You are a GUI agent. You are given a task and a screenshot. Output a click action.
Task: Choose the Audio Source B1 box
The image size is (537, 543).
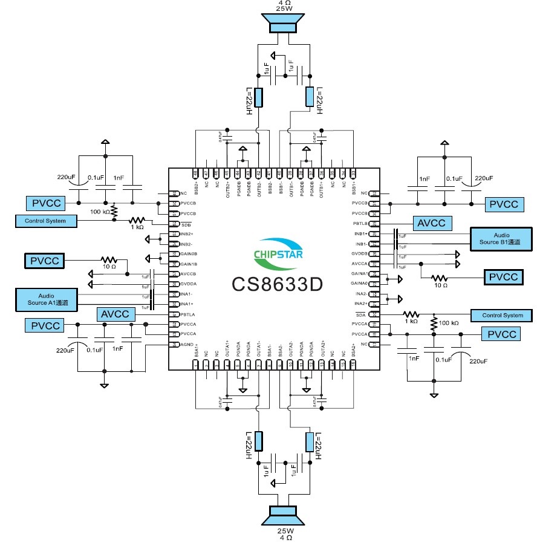tap(501, 238)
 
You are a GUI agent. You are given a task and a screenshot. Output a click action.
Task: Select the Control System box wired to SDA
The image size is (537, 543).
tap(502, 315)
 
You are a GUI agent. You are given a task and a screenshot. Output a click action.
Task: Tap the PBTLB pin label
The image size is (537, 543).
tap(361, 224)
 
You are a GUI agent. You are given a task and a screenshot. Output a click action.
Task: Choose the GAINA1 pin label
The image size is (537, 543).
tap(360, 274)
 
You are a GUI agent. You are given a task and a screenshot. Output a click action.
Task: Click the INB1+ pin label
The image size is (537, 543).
tap(361, 233)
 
